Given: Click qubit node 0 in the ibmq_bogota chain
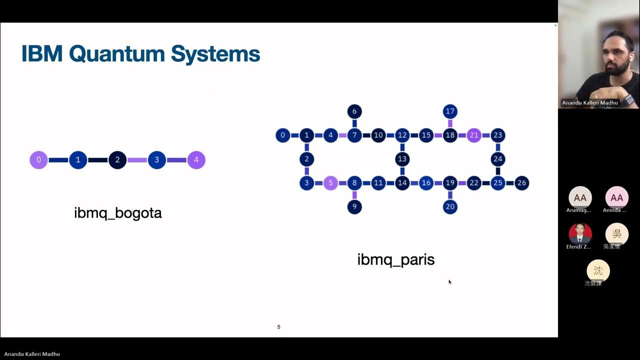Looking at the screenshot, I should click(x=38, y=160).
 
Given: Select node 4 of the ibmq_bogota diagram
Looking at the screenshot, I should click(x=196, y=160).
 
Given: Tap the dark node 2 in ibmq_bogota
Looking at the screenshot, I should click(x=117, y=160).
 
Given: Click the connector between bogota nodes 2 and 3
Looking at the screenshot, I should click(x=137, y=160).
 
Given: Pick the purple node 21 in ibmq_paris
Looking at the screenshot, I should click(x=474, y=135).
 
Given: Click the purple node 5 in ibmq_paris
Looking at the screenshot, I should click(x=330, y=183).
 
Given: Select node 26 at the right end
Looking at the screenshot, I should click(x=521, y=183).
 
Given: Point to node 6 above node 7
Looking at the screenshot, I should click(x=354, y=111).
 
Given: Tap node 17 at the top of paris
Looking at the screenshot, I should click(x=450, y=111).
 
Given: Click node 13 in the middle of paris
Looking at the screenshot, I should click(x=402, y=159).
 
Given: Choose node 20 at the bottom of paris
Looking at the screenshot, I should click(x=450, y=206).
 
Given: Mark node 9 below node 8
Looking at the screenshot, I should click(x=354, y=206).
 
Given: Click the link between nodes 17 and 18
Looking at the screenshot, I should click(x=450, y=123).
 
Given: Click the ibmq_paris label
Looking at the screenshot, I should click(x=395, y=260).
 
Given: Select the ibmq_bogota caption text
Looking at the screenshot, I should click(x=118, y=213).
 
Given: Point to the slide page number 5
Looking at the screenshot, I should click(x=278, y=327).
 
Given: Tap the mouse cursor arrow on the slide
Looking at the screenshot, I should click(x=449, y=282).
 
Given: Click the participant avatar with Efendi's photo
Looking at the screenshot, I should click(x=580, y=233).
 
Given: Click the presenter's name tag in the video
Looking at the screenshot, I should click(x=589, y=103).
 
